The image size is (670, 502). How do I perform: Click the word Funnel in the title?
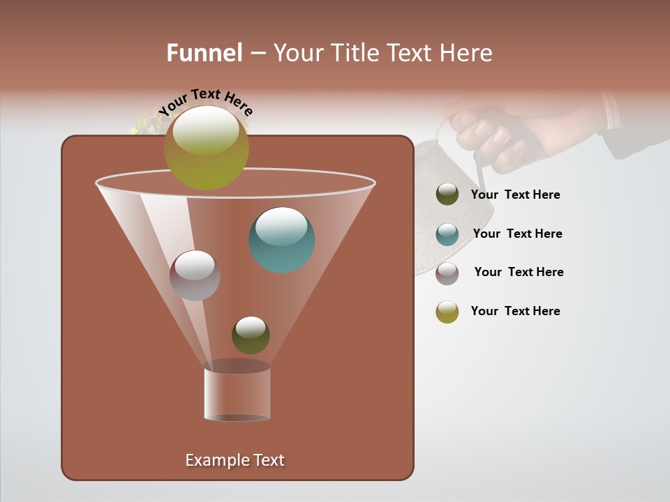point(204,53)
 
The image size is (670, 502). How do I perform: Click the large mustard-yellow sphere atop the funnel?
point(207,148)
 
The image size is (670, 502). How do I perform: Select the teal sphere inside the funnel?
point(281,240)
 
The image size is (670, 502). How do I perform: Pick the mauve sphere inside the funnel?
point(195,275)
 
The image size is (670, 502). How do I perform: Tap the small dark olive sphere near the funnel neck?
point(251,335)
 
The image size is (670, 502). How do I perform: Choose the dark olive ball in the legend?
point(447,195)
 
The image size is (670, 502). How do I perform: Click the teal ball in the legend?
point(447,234)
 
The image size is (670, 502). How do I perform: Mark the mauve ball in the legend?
point(447,273)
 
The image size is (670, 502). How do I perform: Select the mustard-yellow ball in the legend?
point(447,312)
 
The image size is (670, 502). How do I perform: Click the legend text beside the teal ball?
point(517,234)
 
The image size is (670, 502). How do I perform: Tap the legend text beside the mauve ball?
point(519,272)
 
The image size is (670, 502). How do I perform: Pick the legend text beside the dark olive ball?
point(515,195)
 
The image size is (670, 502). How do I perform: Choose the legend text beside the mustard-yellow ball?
point(515,311)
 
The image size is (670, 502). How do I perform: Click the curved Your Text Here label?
point(205,100)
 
